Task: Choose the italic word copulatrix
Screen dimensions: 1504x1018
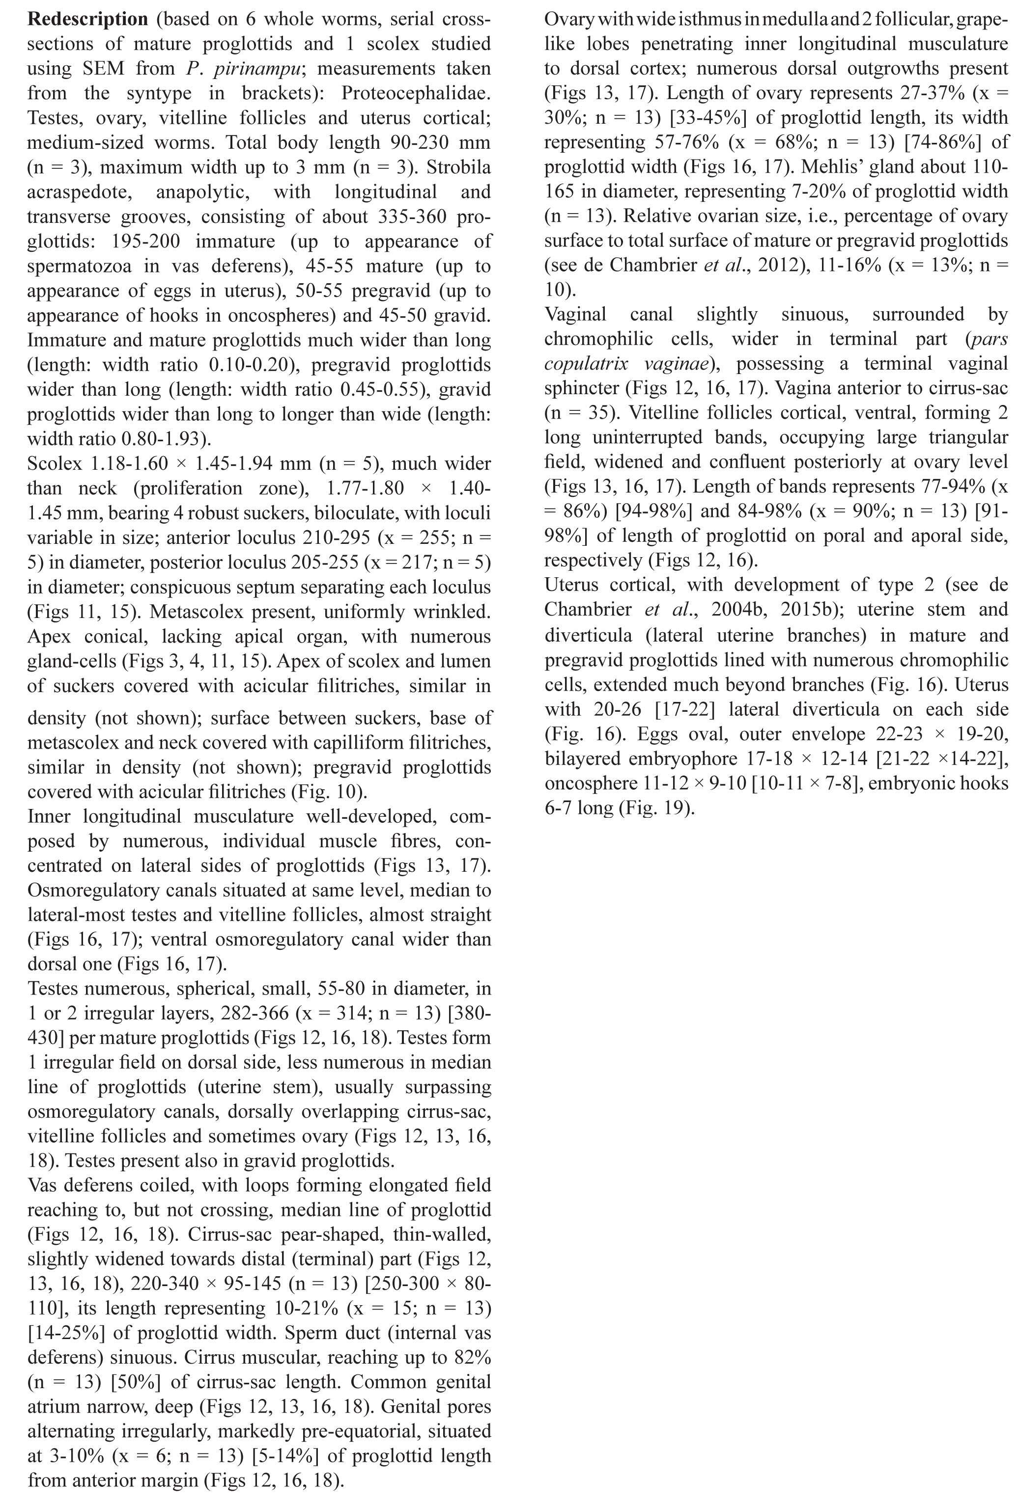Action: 590,364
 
